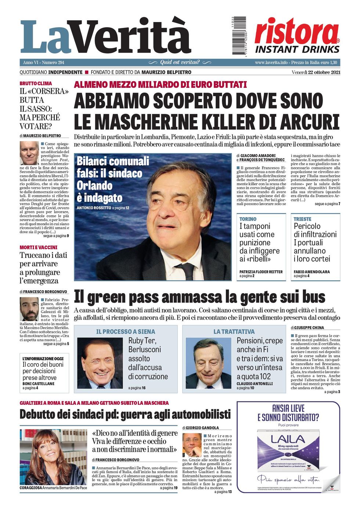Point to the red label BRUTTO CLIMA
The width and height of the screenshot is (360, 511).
click(x=36, y=83)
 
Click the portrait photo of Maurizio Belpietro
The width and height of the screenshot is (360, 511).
click(x=29, y=153)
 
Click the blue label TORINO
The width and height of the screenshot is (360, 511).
click(x=248, y=219)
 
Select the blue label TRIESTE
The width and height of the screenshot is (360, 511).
click(x=302, y=219)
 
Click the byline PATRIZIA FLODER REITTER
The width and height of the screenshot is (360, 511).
click(x=261, y=272)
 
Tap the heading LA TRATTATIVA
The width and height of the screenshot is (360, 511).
click(x=234, y=331)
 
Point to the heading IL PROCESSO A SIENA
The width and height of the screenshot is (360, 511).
click(x=126, y=331)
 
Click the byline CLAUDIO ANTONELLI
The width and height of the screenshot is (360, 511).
click(x=255, y=384)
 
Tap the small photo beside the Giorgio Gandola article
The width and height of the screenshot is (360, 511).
click(x=192, y=445)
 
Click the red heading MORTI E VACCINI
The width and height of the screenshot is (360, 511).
click(x=38, y=247)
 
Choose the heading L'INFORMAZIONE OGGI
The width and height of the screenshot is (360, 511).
click(x=43, y=359)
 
